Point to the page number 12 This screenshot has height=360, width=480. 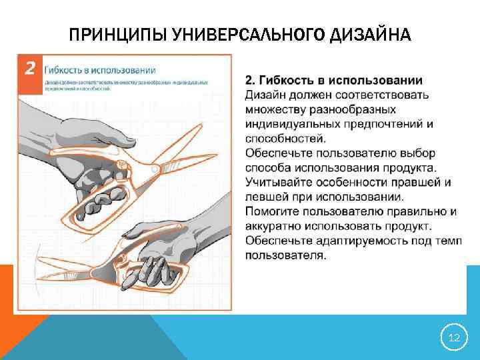tap(454, 339)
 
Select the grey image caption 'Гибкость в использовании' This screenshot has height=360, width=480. tap(100, 69)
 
